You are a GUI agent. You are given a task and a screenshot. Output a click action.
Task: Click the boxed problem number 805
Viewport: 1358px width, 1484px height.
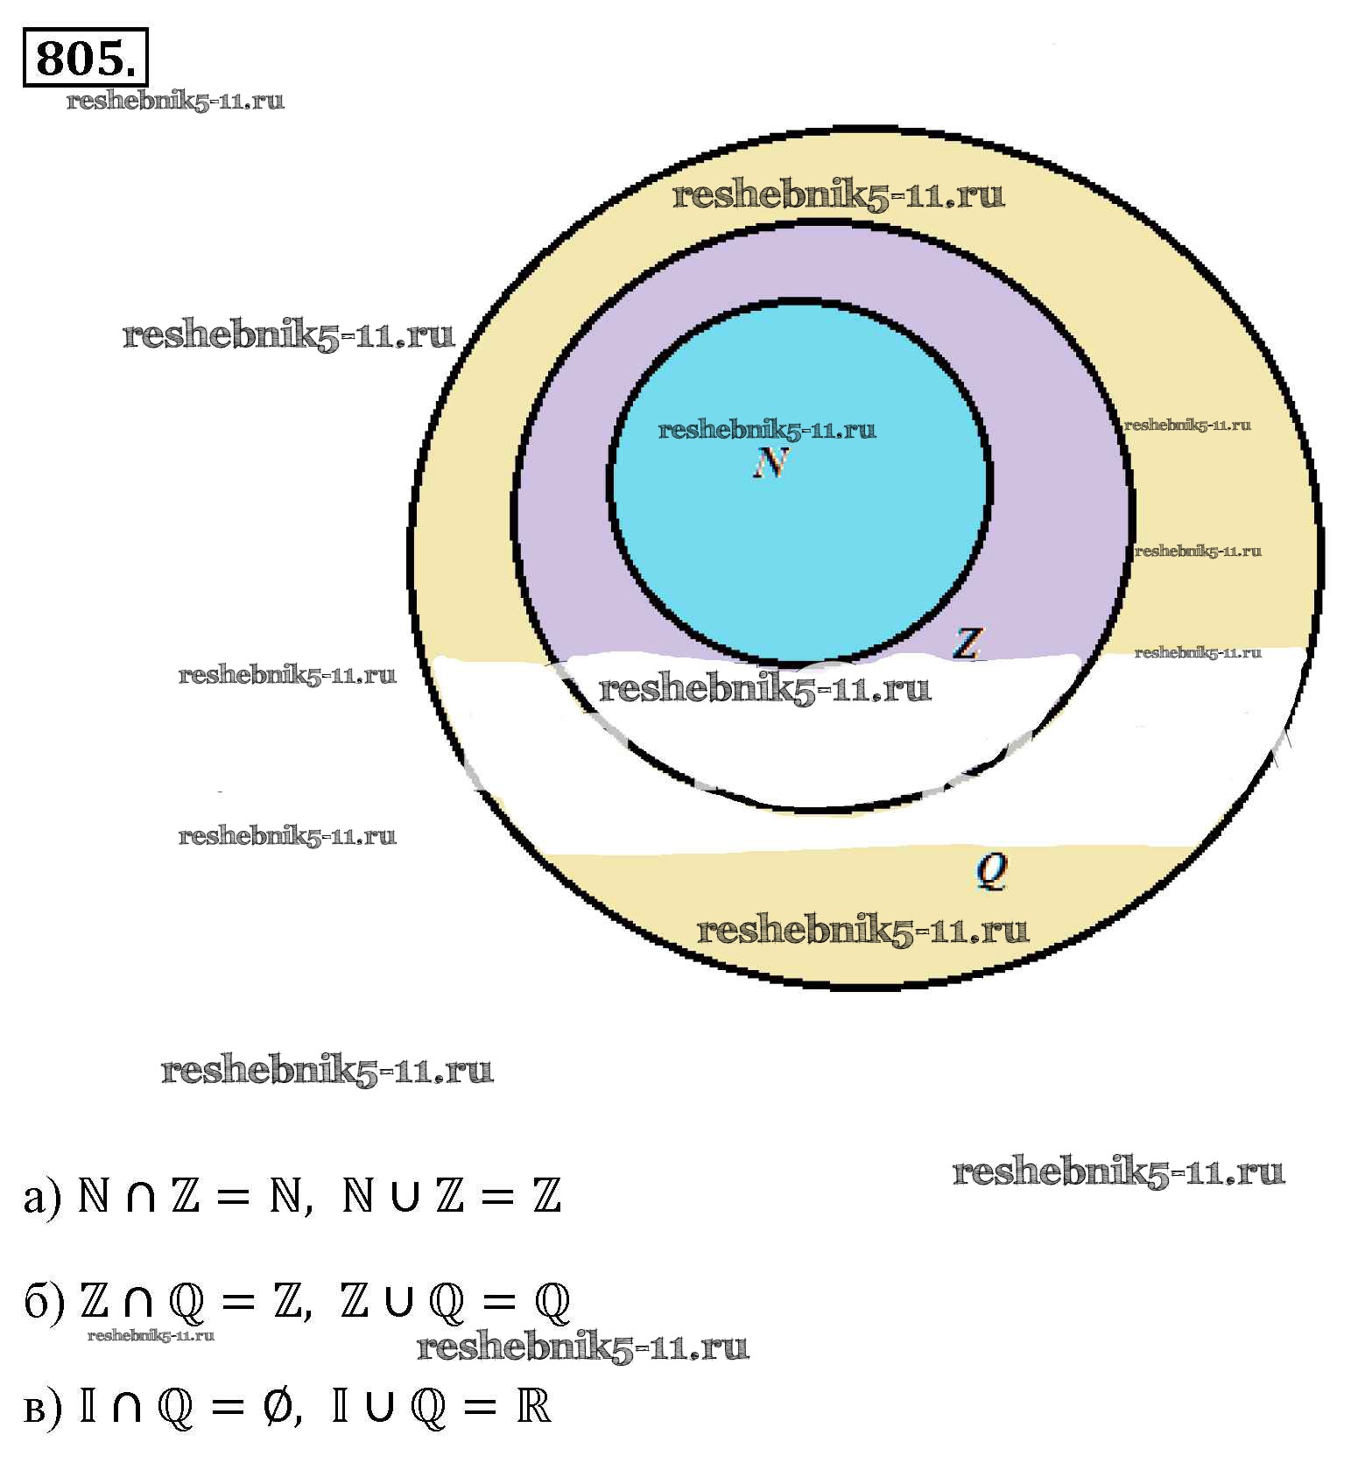coord(85,59)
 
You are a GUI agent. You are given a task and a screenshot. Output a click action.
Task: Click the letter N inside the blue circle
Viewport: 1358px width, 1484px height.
coord(771,463)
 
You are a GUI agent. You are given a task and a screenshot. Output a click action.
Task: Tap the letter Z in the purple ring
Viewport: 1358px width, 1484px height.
coord(967,644)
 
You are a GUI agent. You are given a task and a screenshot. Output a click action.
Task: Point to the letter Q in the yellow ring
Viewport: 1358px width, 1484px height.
coord(992,870)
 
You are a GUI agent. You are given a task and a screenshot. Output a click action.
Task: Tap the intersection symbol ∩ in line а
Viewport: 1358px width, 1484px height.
coord(140,1197)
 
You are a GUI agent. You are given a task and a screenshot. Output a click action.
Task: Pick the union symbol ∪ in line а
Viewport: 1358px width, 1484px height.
coord(404,1197)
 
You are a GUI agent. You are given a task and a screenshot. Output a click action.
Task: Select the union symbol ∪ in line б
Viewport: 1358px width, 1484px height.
coord(398,1302)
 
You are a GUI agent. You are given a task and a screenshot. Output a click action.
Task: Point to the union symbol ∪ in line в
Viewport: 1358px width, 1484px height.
coord(378,1407)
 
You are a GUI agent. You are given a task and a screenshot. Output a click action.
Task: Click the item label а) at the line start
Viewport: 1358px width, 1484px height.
coord(42,1197)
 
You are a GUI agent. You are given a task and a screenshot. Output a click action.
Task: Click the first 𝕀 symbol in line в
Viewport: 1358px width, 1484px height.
coord(88,1407)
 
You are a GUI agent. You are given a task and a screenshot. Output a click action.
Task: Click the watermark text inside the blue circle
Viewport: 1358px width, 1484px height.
coord(766,430)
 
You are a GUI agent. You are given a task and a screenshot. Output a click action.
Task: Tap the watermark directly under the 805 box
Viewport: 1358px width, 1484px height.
coord(175,101)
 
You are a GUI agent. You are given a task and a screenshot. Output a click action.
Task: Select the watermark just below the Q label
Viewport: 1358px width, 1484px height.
coord(862,930)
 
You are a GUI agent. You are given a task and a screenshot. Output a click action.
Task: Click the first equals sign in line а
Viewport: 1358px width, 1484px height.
coord(231,1197)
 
